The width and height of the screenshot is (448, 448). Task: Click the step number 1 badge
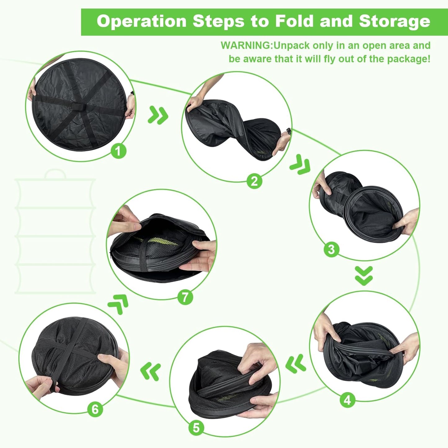118,151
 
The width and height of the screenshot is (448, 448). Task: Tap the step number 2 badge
254,181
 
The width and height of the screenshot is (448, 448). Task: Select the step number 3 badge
331,249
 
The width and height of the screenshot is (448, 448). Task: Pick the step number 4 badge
347,400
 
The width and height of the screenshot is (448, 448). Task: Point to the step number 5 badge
196,428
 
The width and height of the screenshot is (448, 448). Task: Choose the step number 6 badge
95,409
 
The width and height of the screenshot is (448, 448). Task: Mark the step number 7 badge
185,297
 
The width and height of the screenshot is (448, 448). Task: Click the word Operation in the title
141,22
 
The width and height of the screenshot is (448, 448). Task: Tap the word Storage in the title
394,22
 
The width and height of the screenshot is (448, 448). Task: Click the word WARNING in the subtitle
246,46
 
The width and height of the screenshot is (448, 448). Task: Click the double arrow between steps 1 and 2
158,115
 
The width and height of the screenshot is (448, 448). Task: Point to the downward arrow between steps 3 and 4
364,276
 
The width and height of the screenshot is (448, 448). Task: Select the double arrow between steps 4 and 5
296,364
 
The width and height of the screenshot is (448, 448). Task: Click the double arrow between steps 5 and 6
151,371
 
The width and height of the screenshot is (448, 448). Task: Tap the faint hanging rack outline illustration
55,233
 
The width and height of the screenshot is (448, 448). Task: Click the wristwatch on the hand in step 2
289,131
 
